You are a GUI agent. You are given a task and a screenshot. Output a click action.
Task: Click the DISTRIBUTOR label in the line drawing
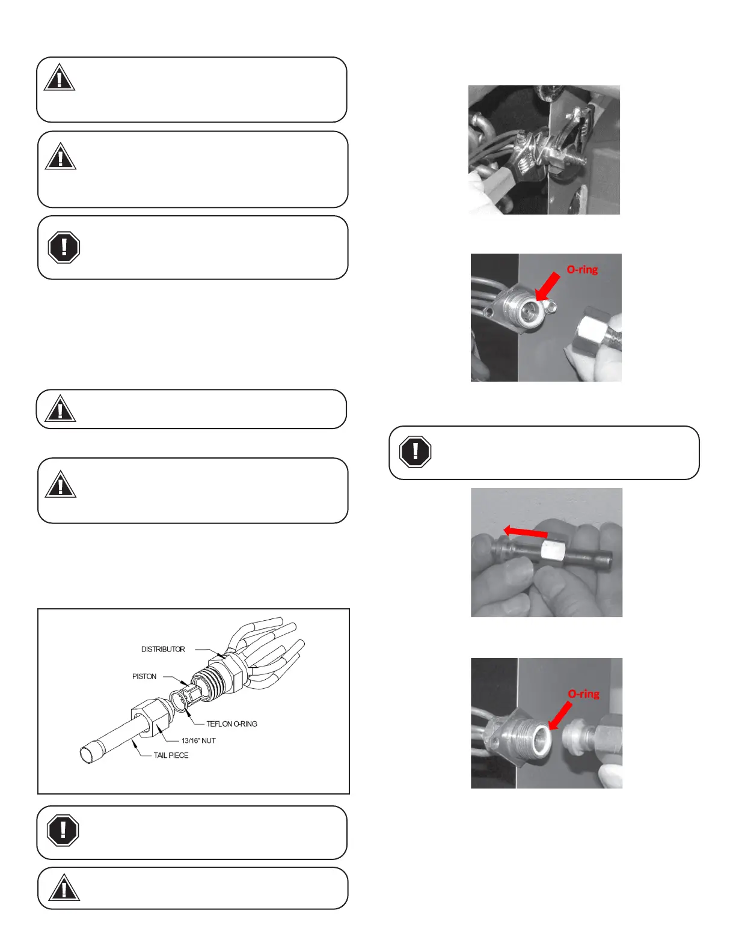click(x=162, y=649)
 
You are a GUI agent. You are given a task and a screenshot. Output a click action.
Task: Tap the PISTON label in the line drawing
click(x=144, y=676)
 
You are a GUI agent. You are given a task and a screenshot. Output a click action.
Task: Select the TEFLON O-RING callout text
click(x=232, y=724)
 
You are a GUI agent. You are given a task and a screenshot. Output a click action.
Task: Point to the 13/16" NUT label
click(x=198, y=740)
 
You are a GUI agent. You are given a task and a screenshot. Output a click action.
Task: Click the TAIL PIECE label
click(x=171, y=755)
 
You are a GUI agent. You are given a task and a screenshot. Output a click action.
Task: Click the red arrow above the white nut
click(x=526, y=532)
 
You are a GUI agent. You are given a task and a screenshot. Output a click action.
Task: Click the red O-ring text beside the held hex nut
click(x=582, y=269)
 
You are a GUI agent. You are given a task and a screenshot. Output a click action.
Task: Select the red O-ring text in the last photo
click(x=583, y=694)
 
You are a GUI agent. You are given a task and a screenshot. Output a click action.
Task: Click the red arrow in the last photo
click(x=560, y=716)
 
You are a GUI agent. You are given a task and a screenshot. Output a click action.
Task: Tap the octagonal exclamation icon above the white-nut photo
click(x=415, y=452)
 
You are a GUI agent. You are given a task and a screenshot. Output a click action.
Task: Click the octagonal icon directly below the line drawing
click(x=63, y=830)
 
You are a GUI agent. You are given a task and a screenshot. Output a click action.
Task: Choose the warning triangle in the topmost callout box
click(x=59, y=78)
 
